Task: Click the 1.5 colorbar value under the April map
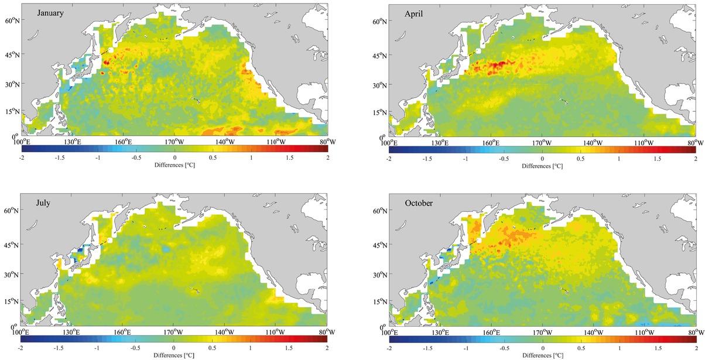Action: (656, 159)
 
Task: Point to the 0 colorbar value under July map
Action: (174, 348)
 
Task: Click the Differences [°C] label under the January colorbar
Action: (174, 166)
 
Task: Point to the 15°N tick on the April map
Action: (380, 110)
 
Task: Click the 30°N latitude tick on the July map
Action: (12, 274)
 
